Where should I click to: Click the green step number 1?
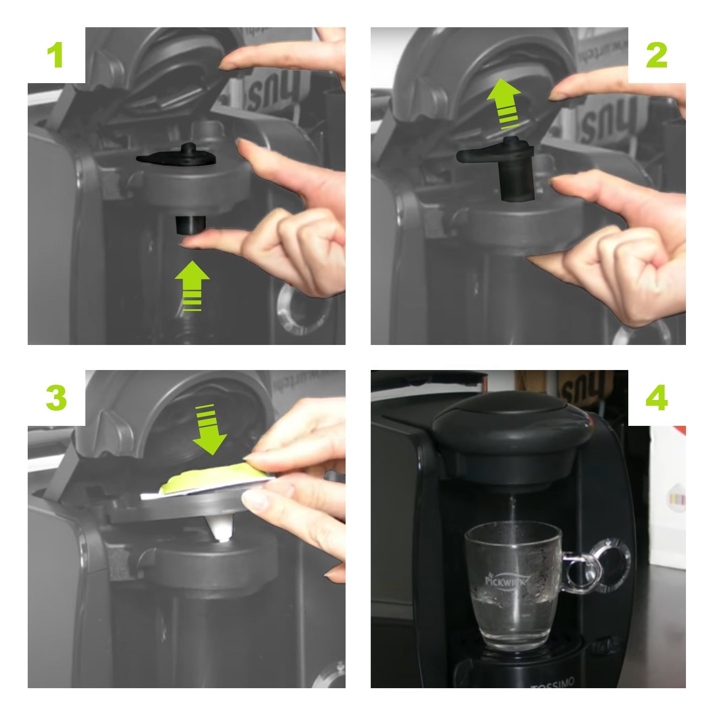(56, 56)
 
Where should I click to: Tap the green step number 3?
(56, 398)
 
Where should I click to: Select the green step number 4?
(656, 398)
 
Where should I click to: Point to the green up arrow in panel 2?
(504, 100)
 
